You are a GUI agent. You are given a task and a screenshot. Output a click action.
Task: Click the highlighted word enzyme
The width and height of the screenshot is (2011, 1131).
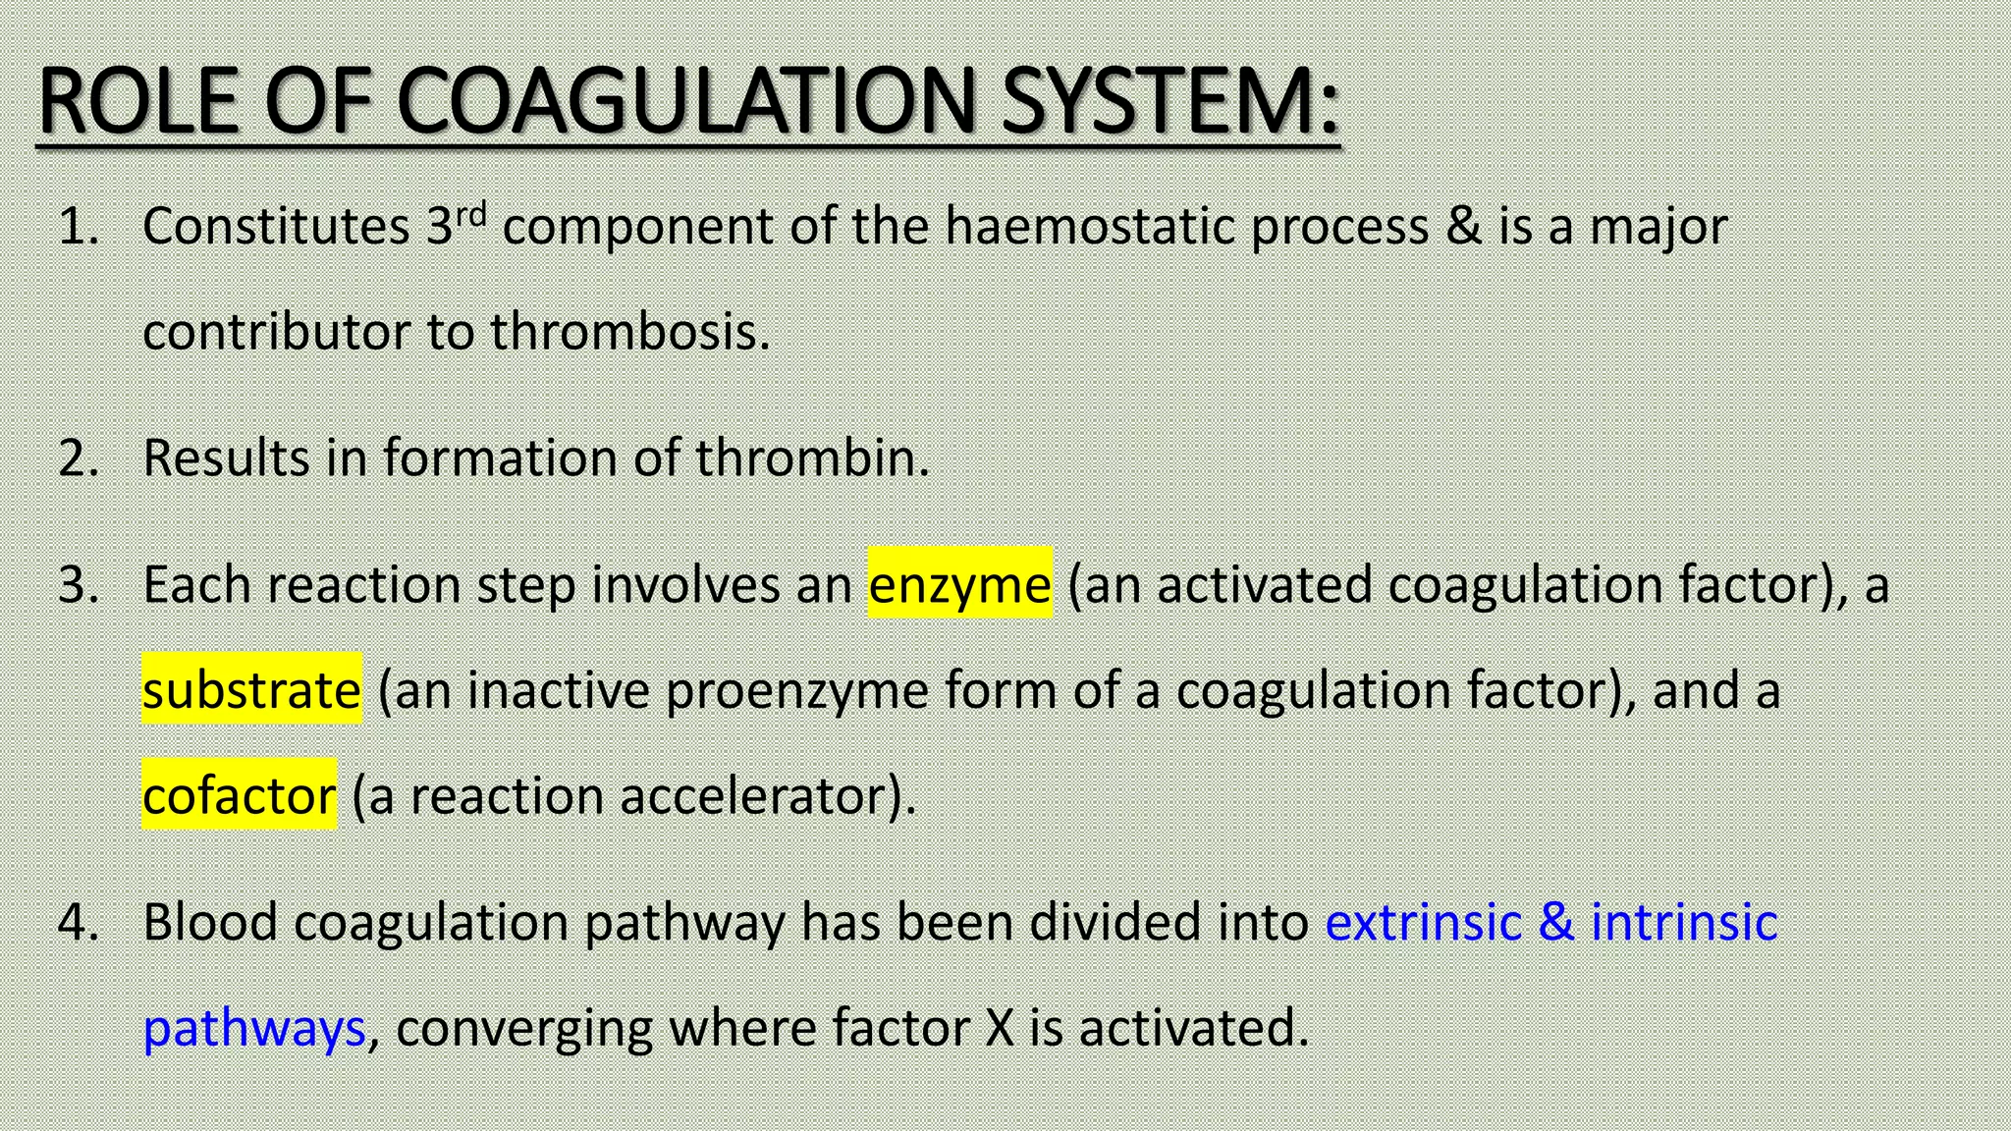[x=959, y=584]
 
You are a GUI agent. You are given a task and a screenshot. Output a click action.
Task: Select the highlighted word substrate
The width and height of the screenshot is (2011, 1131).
[x=251, y=689]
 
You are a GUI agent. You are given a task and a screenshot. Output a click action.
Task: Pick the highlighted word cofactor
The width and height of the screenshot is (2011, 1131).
[x=239, y=794]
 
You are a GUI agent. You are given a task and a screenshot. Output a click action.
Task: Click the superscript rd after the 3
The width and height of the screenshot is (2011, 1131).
[x=471, y=213]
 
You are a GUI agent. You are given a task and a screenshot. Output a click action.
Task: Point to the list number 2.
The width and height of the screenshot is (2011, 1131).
[x=79, y=458]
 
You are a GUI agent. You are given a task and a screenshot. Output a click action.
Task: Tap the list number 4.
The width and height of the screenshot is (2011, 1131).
[x=79, y=922]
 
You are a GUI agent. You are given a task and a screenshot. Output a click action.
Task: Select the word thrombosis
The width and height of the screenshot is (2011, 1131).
[x=629, y=331]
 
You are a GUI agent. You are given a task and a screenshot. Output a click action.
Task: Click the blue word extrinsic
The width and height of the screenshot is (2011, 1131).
[x=1423, y=922]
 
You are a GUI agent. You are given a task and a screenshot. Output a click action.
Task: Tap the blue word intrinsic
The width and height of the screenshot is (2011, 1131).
[x=1683, y=922]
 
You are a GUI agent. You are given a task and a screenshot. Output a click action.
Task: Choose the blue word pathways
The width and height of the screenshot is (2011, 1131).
[x=254, y=1028]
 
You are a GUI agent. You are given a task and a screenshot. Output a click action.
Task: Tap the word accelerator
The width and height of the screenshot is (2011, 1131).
[x=760, y=794]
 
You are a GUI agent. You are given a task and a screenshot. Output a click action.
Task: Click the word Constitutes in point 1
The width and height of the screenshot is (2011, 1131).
[x=276, y=226]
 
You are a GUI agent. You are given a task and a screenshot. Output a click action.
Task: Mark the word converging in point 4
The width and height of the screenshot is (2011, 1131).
[x=524, y=1028]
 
